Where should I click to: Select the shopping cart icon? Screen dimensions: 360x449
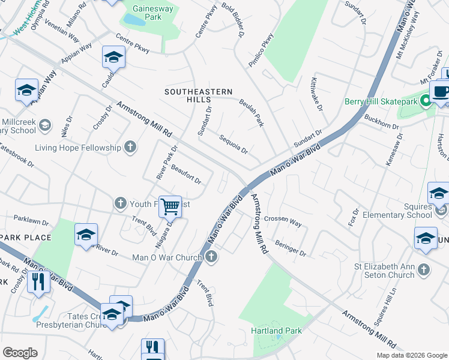pyautogui.click(x=170, y=206)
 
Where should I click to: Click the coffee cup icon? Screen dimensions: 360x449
pyautogui.click(x=441, y=92)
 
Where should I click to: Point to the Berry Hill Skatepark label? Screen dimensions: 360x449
pyautogui.click(x=382, y=101)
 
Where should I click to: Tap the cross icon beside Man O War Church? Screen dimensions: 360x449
pyautogui.click(x=210, y=257)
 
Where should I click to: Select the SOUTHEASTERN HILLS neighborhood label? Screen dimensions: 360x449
pyautogui.click(x=199, y=96)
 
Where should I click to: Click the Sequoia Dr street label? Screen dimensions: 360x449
pyautogui.click(x=233, y=144)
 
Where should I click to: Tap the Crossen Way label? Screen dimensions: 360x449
pyautogui.click(x=283, y=221)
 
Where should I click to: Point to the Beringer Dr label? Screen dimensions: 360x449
pyautogui.click(x=291, y=245)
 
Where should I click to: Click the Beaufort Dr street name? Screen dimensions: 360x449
pyautogui.click(x=185, y=175)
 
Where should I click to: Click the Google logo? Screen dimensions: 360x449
pyautogui.click(x=20, y=353)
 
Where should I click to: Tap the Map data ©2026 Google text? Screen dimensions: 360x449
pyautogui.click(x=411, y=355)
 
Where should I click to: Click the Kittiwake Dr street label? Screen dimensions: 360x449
pyautogui.click(x=316, y=94)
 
